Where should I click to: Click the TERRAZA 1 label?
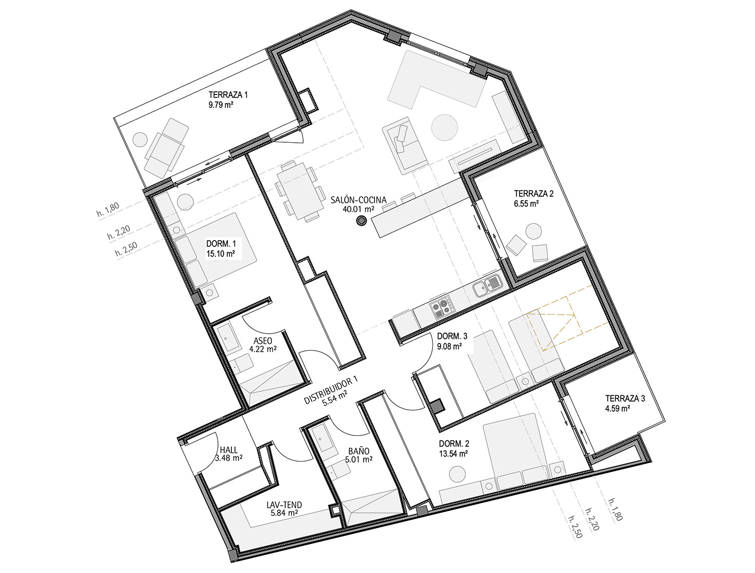(228, 94)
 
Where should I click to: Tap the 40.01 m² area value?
(358, 208)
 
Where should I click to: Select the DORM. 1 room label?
(221, 244)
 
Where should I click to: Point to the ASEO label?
(263, 341)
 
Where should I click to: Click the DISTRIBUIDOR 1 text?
(331, 390)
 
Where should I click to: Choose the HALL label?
(229, 450)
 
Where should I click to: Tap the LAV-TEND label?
(284, 505)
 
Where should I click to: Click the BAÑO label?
(359, 451)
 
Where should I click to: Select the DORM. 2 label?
(454, 444)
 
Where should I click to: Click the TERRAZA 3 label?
(625, 398)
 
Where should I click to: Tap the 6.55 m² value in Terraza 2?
(526, 203)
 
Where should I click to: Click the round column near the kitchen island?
(361, 221)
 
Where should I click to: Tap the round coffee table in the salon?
(444, 127)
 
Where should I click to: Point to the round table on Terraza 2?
(533, 231)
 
